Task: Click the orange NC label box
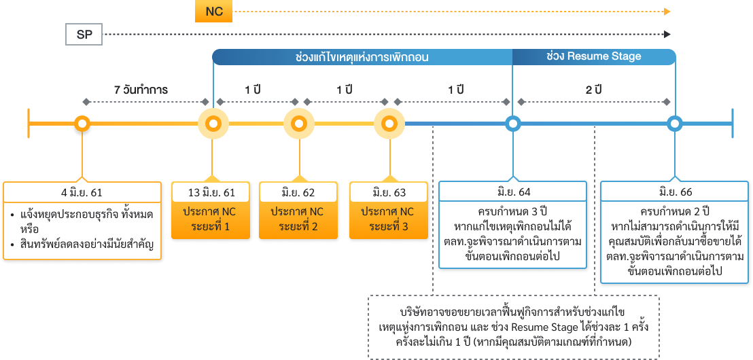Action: click(213, 12)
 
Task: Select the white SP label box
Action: click(84, 35)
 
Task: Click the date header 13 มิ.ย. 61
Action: click(212, 192)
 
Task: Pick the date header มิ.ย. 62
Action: click(299, 192)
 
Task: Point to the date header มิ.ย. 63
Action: click(389, 192)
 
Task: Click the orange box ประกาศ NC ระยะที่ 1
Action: click(212, 219)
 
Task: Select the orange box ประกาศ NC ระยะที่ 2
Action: click(299, 219)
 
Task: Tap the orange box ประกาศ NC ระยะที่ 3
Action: click(389, 219)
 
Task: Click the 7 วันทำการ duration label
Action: click(141, 90)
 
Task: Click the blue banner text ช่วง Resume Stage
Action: click(593, 56)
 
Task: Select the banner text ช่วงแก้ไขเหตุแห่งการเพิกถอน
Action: click(362, 57)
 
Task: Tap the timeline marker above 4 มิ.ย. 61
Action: click(82, 124)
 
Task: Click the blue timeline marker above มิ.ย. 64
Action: click(513, 124)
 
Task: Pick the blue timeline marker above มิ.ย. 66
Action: click(675, 124)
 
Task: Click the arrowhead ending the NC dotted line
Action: click(667, 12)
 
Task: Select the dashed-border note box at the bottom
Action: click(513, 327)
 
